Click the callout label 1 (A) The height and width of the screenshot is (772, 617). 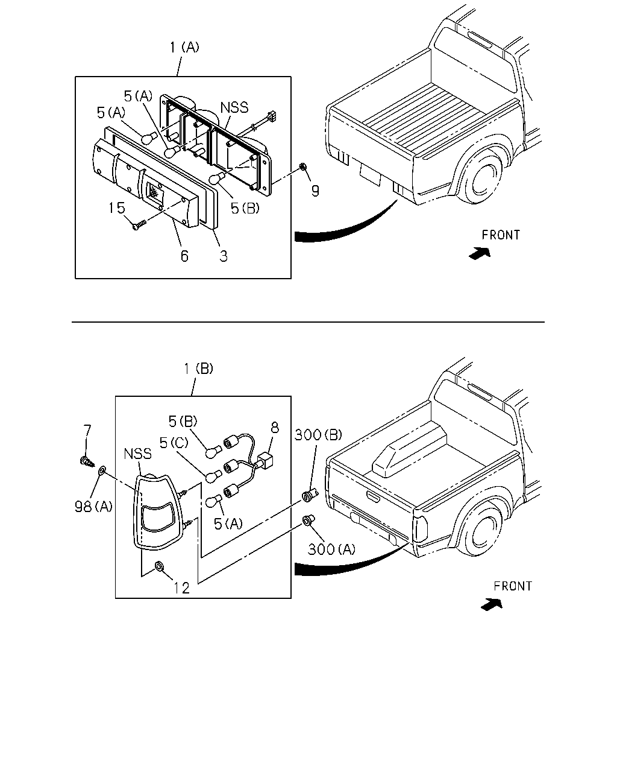(184, 47)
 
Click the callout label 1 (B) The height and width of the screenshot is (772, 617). (198, 369)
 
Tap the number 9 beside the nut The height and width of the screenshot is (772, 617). (315, 191)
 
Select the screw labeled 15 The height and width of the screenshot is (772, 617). (139, 225)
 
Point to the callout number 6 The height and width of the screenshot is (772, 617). (184, 256)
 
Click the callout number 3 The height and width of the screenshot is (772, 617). (224, 256)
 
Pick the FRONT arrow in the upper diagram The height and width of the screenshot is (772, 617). (480, 253)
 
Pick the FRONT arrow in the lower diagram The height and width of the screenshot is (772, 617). (492, 604)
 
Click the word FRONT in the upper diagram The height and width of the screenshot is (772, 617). (501, 235)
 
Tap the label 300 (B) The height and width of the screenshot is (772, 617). (318, 435)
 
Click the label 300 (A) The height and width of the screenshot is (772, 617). (331, 549)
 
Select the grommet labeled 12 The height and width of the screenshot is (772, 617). (159, 566)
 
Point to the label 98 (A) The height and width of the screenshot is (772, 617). (93, 507)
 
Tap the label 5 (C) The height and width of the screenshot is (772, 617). (174, 443)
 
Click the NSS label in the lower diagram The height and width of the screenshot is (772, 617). (137, 454)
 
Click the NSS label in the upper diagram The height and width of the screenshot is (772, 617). (234, 107)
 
